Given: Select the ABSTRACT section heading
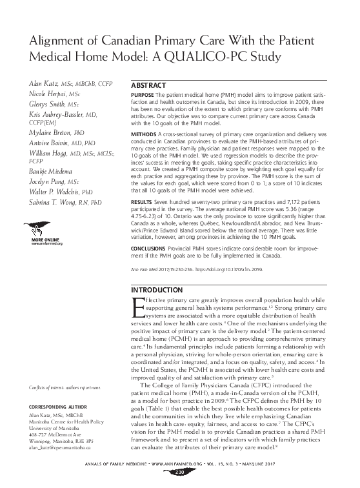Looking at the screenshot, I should coord(150,86).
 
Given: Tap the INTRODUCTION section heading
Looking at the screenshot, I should coord(158,290).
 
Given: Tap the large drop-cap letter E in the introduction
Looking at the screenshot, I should coord(137,309).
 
